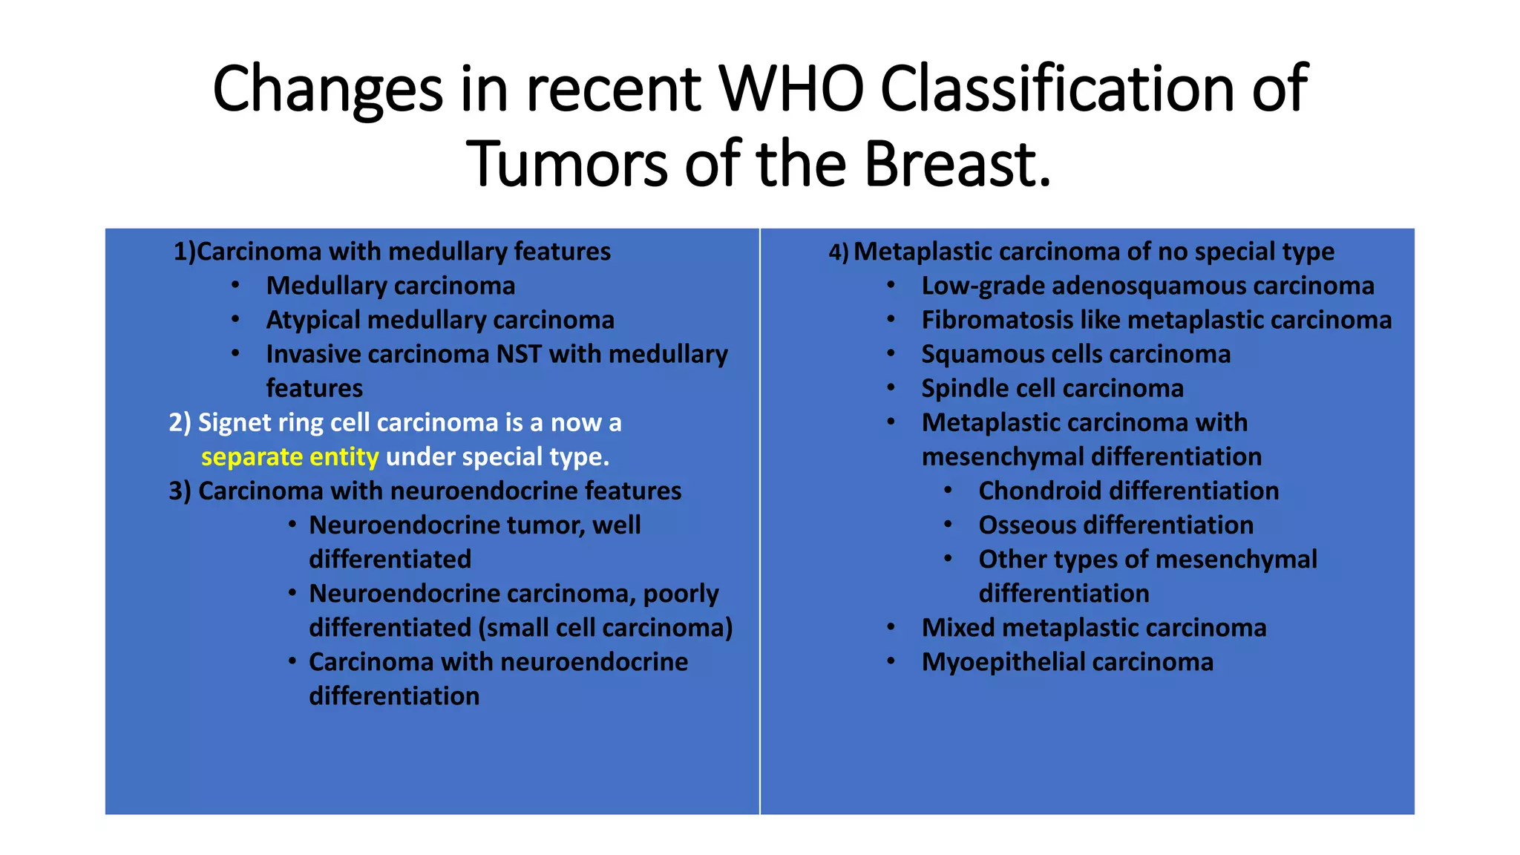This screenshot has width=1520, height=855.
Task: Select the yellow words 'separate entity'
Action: (x=289, y=456)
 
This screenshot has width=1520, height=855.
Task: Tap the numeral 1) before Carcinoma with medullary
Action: (x=184, y=252)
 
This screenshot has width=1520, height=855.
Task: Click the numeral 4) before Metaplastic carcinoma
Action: (x=838, y=252)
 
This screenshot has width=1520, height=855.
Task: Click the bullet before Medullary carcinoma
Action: (x=235, y=286)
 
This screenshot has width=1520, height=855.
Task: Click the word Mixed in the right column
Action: (x=958, y=628)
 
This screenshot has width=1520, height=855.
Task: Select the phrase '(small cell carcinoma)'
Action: (x=605, y=628)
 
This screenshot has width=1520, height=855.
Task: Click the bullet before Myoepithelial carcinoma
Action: (x=891, y=661)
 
